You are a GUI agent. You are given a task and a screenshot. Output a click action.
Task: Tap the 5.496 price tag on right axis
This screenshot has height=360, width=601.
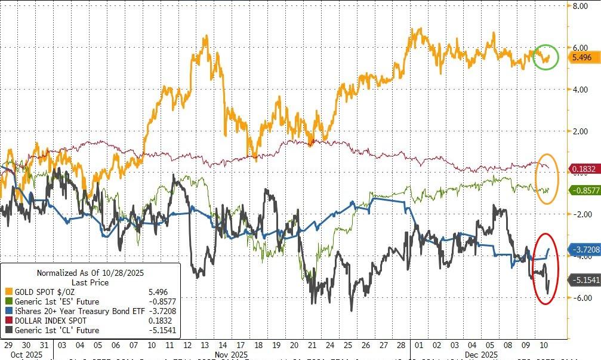(582, 57)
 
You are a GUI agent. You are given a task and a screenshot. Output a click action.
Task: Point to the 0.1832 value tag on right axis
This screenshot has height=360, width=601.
(582, 170)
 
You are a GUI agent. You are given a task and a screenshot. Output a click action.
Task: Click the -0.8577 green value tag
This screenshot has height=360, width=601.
(582, 190)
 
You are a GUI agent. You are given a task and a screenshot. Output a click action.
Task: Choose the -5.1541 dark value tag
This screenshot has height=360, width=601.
(582, 279)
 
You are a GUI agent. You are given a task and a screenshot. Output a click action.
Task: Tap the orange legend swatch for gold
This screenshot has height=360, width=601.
(8, 291)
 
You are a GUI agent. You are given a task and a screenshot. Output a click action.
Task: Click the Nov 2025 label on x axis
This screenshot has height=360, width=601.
(232, 355)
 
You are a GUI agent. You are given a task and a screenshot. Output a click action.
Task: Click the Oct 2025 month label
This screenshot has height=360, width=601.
(26, 355)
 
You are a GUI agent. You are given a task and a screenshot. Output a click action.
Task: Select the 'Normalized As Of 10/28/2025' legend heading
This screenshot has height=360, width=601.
(91, 272)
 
